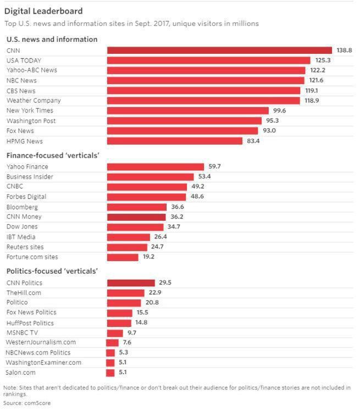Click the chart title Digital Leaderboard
pos(43,11)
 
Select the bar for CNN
pos(219,50)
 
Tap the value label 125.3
pos(321,60)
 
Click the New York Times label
pos(30,110)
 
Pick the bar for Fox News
pos(182,131)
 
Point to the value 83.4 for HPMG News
pos(253,141)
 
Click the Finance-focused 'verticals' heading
pos(53,156)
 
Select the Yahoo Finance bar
pos(154,166)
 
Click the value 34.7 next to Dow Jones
pos(174,227)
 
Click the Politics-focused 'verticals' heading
pos(52,271)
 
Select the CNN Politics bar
pos(130,283)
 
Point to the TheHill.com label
pos(24,293)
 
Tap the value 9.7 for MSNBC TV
pos(132,333)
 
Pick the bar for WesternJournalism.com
pos(113,343)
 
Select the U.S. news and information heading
pos(52,40)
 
